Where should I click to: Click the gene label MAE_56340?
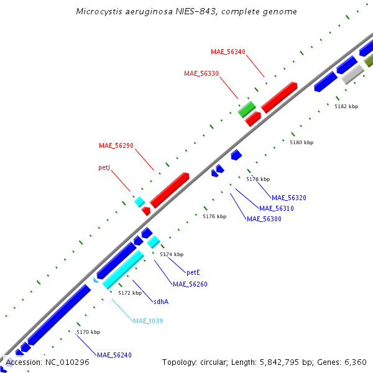click(x=228, y=52)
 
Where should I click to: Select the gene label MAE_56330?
click(x=201, y=73)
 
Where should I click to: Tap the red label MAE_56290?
click(x=116, y=145)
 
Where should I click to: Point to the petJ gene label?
click(x=104, y=168)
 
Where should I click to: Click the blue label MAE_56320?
click(x=288, y=198)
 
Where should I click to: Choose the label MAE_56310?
click(x=276, y=208)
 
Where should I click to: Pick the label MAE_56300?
click(x=264, y=219)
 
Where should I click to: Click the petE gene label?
click(x=193, y=272)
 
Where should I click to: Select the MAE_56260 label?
click(x=190, y=284)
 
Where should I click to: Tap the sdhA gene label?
click(x=161, y=302)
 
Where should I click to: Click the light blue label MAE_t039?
click(x=147, y=321)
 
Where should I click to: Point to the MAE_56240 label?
click(x=114, y=355)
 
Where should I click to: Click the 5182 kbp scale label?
click(x=346, y=106)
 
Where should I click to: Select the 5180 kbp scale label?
click(x=302, y=142)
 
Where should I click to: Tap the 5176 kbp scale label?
click(x=214, y=216)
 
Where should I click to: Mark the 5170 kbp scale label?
click(x=88, y=332)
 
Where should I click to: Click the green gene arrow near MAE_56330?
click(x=247, y=109)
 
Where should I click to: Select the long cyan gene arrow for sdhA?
click(x=123, y=269)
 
